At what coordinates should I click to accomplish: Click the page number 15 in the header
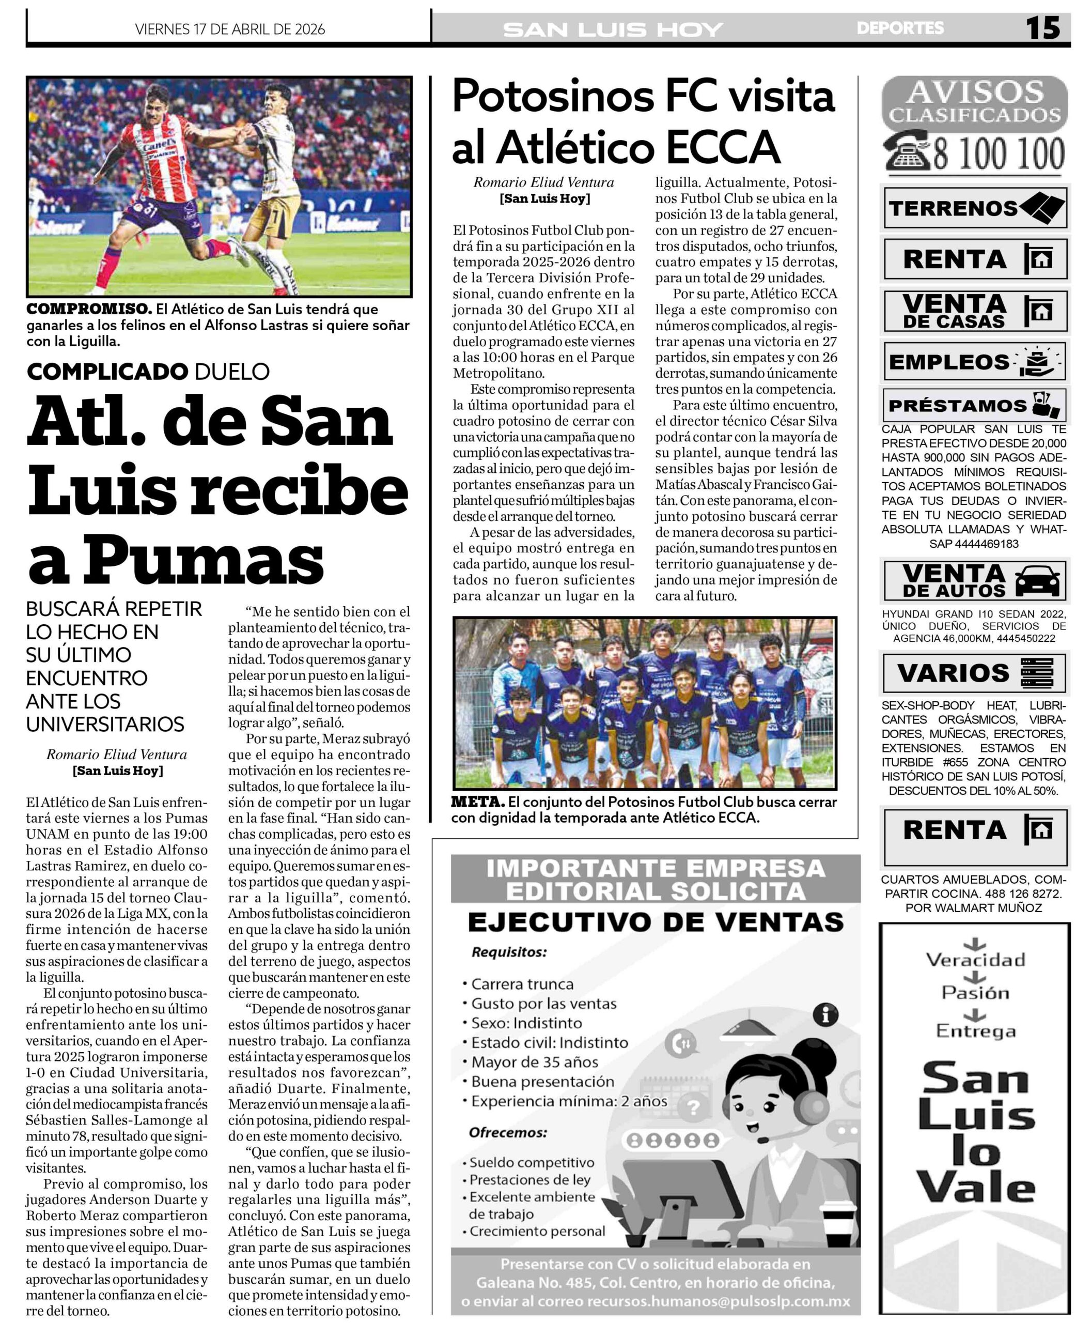[x=1042, y=28]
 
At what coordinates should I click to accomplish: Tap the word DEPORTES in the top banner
[x=899, y=28]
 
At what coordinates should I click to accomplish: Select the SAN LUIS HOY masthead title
[x=613, y=29]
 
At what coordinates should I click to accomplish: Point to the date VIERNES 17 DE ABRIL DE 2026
[x=230, y=29]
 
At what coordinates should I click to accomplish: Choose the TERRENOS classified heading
[x=953, y=208]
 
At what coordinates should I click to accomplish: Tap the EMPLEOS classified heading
[x=948, y=362]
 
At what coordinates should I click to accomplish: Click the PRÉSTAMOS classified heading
[x=957, y=406]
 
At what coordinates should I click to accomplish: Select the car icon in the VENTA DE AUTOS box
[x=1036, y=581]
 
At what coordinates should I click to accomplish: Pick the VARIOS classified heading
[x=953, y=673]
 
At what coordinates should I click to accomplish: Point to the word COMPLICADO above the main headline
[x=107, y=372]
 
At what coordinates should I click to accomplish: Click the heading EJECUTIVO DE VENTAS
[x=656, y=922]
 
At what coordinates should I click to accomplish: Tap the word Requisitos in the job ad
[x=509, y=952]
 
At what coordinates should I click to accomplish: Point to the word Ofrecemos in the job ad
[x=508, y=1132]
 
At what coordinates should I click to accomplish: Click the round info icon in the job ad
[x=825, y=1015]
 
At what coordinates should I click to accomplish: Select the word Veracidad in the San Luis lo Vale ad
[x=975, y=960]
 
